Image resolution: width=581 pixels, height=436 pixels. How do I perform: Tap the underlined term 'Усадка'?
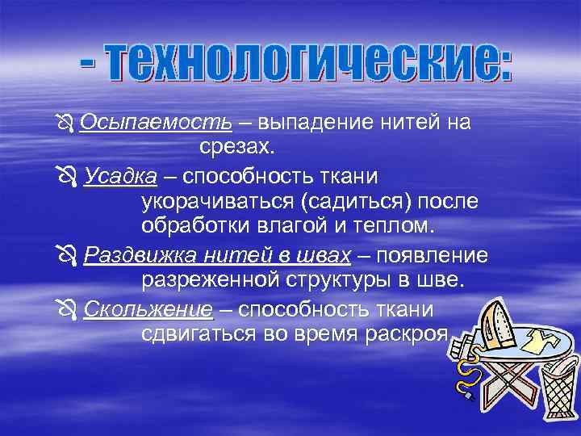(x=121, y=175)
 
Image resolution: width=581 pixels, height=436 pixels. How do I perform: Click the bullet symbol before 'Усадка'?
(x=67, y=176)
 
